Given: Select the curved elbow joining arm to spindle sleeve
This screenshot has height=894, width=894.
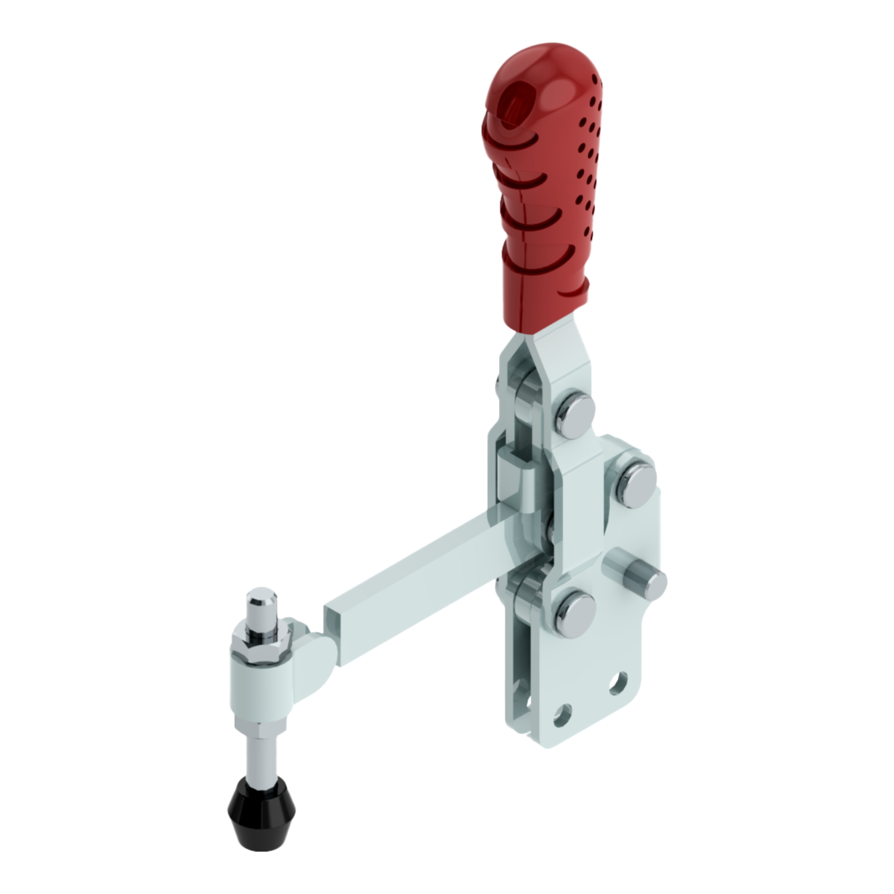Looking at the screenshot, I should (313, 655).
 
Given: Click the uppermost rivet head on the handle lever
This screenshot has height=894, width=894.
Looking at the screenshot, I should (575, 411).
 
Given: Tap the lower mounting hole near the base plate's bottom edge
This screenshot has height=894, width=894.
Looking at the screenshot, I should (561, 715).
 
